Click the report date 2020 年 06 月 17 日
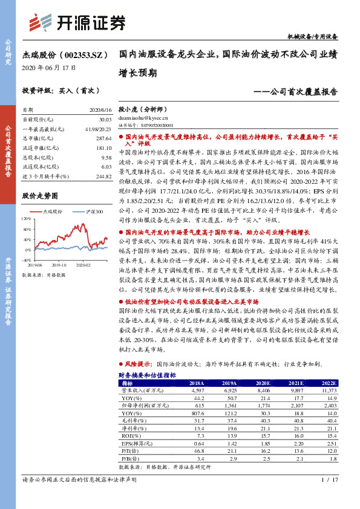pyautogui.click(x=49, y=68)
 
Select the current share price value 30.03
pyautogui.click(x=103, y=120)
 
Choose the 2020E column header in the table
pyautogui.click(x=261, y=383)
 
